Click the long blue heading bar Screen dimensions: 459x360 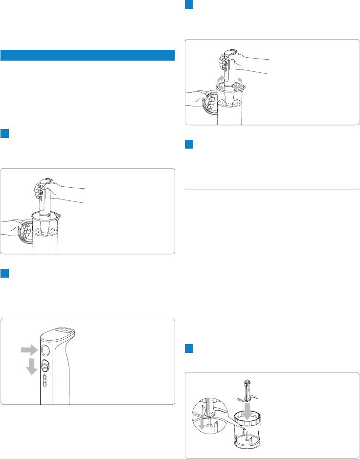coord(88,55)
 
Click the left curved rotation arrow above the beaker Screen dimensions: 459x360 coord(220,80)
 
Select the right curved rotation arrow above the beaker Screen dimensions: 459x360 coord(239,80)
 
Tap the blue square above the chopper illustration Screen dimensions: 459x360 coord(190,349)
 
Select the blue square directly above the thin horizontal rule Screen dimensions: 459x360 coord(190,145)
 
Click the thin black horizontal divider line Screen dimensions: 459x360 coord(272,189)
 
